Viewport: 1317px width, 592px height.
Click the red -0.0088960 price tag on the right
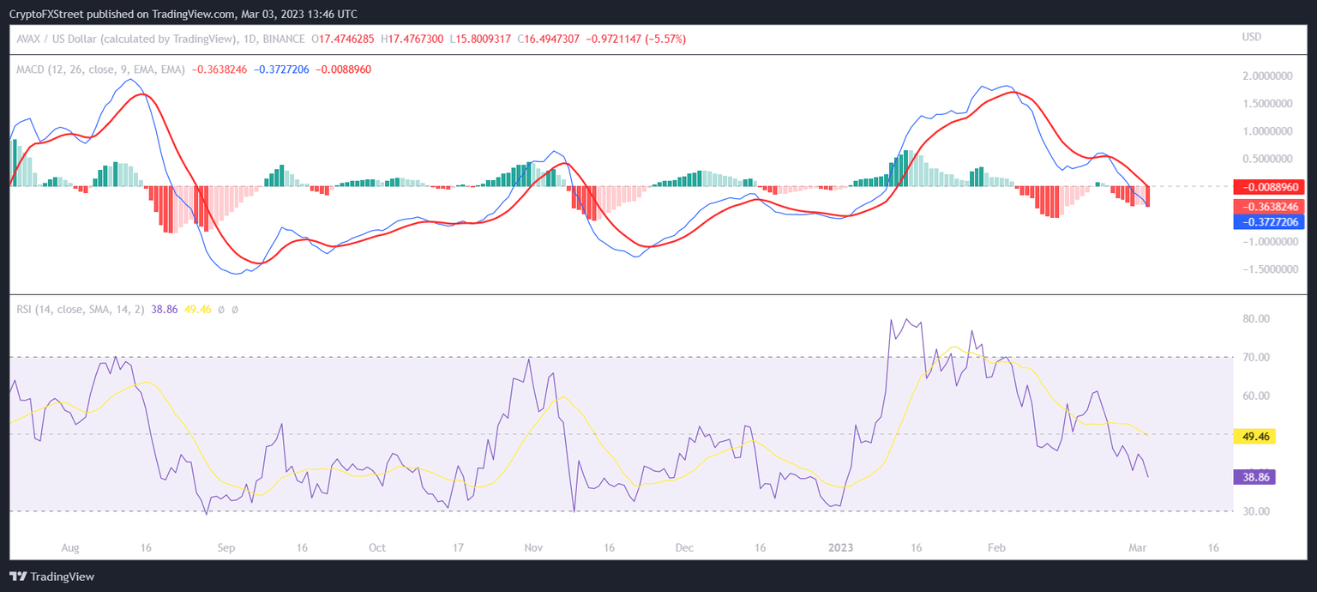click(x=1267, y=187)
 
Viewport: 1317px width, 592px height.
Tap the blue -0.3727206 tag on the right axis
click(x=1267, y=221)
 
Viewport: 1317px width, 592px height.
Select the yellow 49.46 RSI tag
click(x=1254, y=437)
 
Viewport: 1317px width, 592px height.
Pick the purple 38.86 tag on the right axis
click(x=1254, y=477)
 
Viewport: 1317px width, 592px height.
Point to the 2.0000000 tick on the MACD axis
click(x=1267, y=76)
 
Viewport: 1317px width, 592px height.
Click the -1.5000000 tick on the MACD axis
click(x=1266, y=269)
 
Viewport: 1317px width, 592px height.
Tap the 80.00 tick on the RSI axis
click(x=1256, y=319)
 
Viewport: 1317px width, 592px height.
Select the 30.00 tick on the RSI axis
click(x=1256, y=512)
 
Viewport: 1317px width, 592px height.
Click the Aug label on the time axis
click(x=70, y=547)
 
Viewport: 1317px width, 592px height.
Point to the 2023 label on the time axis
click(x=840, y=547)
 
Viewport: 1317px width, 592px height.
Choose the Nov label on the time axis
click(x=532, y=547)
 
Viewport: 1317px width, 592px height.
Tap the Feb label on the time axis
click(x=996, y=547)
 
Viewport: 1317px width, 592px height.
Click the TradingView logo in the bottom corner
click(x=51, y=577)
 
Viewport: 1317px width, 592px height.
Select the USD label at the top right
click(x=1252, y=38)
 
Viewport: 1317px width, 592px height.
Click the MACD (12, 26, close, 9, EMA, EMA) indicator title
click(x=100, y=69)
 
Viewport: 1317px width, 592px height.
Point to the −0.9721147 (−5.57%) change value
click(x=635, y=39)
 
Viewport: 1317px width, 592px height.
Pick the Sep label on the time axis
click(x=226, y=547)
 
